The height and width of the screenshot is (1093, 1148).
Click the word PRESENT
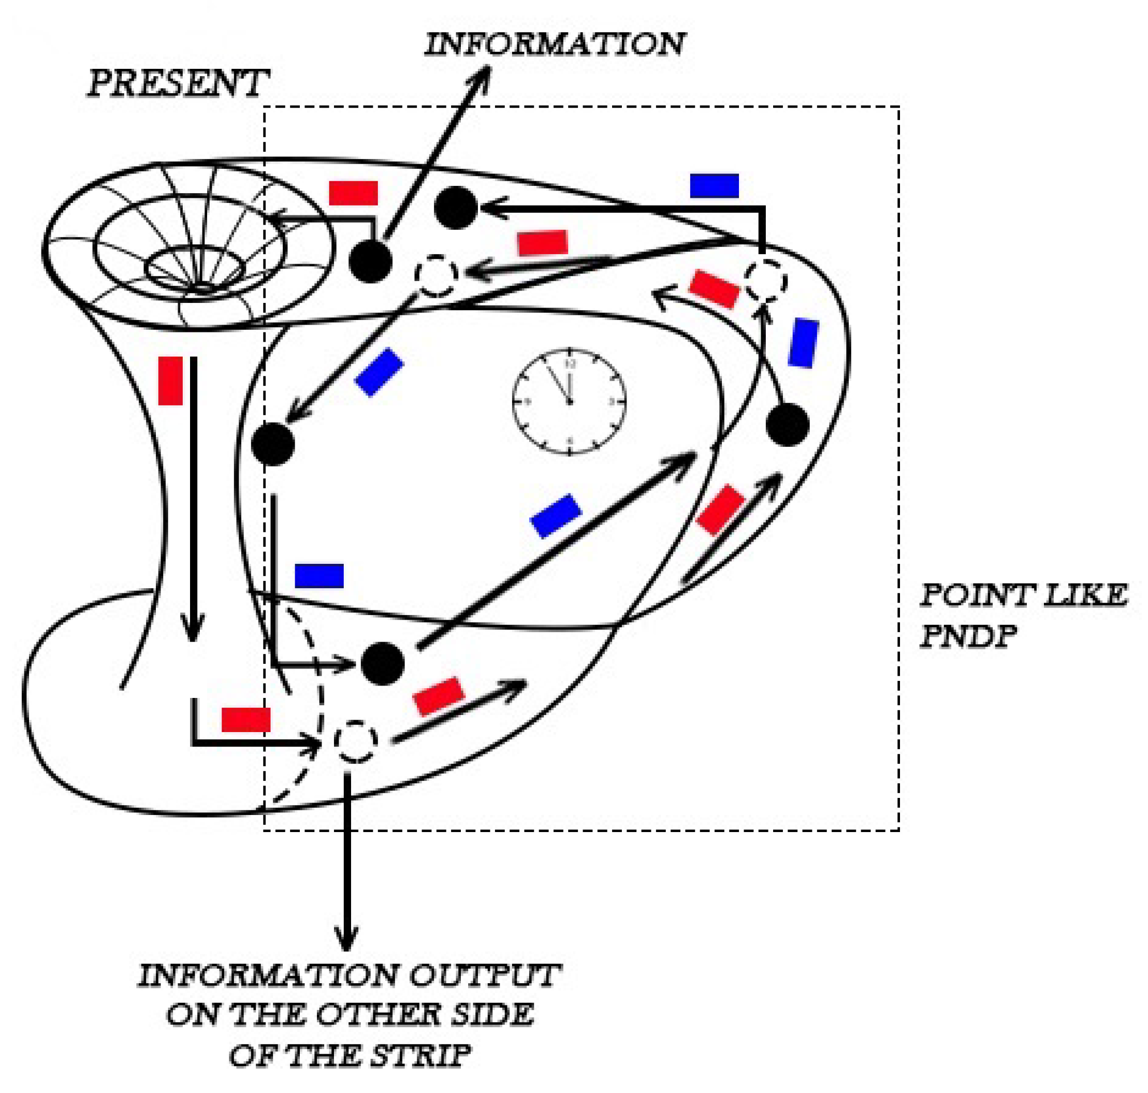pyautogui.click(x=178, y=83)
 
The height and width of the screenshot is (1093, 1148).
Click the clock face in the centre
pyautogui.click(x=569, y=401)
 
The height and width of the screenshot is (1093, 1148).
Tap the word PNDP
pyautogui.click(x=968, y=636)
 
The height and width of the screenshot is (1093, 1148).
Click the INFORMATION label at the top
pyautogui.click(x=554, y=45)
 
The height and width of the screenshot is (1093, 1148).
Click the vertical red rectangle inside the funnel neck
pyautogui.click(x=171, y=381)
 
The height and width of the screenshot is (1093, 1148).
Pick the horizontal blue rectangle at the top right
pyautogui.click(x=714, y=186)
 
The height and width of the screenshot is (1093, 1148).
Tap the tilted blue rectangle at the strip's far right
pyautogui.click(x=803, y=343)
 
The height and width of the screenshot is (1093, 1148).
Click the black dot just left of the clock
pyautogui.click(x=273, y=444)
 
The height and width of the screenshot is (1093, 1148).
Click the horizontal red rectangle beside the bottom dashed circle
pyautogui.click(x=246, y=720)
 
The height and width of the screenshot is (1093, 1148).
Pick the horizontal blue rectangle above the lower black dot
pyautogui.click(x=319, y=575)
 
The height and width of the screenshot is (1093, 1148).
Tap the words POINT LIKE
pyautogui.click(x=1023, y=595)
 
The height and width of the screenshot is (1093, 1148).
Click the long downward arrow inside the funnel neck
pyautogui.click(x=193, y=495)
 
